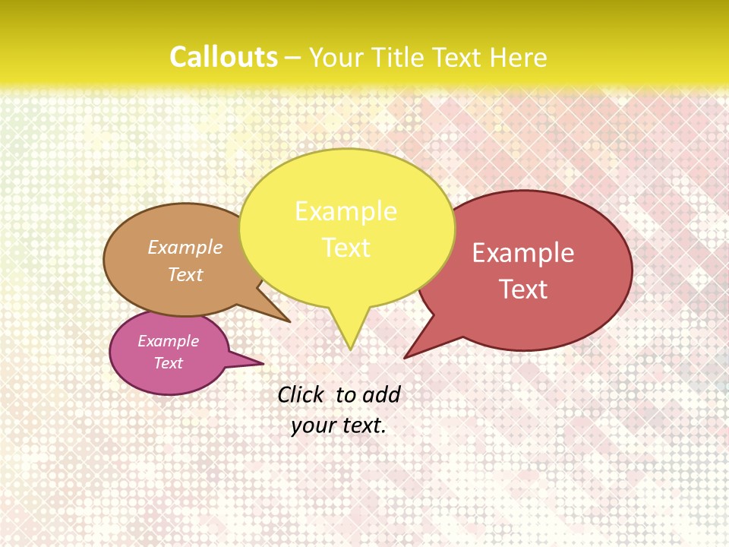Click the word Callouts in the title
click(223, 57)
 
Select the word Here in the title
click(519, 57)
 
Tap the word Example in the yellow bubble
click(346, 210)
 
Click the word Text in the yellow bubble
click(346, 248)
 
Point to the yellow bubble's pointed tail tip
click(350, 349)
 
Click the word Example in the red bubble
click(523, 253)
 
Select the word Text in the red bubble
click(524, 289)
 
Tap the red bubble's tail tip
click(405, 358)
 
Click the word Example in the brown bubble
click(185, 247)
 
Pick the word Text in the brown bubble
click(185, 274)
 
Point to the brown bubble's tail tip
click(289, 322)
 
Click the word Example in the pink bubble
click(168, 341)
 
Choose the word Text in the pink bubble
click(169, 363)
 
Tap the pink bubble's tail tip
click(263, 364)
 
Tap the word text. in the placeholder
click(363, 425)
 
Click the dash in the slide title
click(293, 58)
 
